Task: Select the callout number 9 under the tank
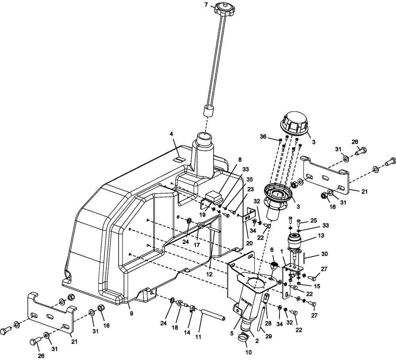click(x=131, y=313)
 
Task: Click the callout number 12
click(x=209, y=274)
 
